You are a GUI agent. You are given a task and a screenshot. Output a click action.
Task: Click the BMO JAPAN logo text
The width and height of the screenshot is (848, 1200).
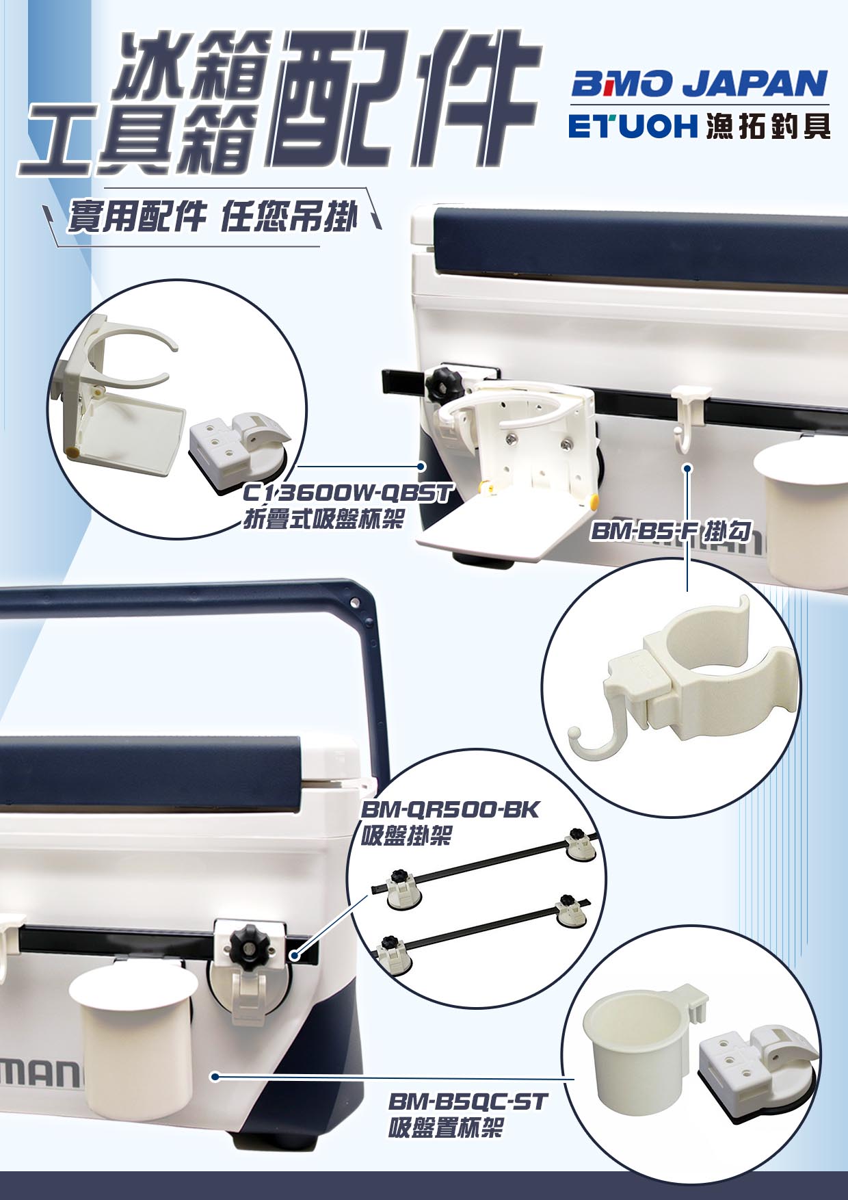[699, 85]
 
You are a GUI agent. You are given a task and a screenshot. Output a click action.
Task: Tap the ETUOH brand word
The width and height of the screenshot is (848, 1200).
[632, 127]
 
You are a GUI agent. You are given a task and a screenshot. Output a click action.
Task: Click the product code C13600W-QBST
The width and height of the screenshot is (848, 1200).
[348, 493]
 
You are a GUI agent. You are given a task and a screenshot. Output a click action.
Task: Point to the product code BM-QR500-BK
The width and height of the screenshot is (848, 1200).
[449, 810]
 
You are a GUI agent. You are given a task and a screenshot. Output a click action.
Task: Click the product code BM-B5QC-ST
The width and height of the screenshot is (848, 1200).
[468, 1101]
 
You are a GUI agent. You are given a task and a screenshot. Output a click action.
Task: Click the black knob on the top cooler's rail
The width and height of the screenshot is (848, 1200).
[440, 384]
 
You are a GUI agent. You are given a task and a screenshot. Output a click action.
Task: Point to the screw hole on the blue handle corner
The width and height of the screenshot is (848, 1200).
[354, 603]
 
